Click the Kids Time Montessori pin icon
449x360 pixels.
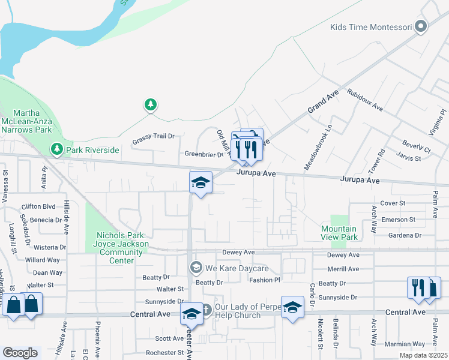421,26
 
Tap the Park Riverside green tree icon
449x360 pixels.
57,149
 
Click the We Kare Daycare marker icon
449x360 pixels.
195,267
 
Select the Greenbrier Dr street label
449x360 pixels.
203,154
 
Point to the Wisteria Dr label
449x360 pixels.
50,247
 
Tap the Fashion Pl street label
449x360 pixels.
265,280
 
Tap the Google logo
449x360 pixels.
20,353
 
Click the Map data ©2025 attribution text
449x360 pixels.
424,355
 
